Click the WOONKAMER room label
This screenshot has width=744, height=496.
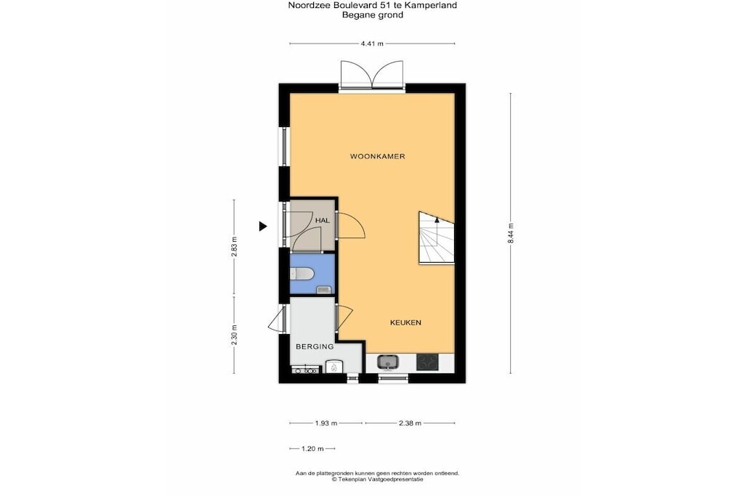377,156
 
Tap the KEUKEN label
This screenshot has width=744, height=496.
405,322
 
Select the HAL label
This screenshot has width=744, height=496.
322,221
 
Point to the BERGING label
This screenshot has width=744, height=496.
315,346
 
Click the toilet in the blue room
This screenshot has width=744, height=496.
301,274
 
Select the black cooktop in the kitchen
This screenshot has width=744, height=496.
427,362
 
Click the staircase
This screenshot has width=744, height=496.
436,237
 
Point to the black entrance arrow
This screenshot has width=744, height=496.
263,226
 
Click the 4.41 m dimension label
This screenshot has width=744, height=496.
372,44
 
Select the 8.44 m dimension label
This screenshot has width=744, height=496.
511,233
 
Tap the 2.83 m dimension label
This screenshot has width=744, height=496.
234,247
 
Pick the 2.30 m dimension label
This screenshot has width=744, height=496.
234,335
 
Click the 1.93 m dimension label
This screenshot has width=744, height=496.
326,423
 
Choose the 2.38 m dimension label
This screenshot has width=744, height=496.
410,423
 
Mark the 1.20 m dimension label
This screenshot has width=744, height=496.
312,448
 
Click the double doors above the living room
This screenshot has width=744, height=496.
372,75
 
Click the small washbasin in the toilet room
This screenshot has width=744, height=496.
323,289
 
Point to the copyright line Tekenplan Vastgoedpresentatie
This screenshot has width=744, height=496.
377,479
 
